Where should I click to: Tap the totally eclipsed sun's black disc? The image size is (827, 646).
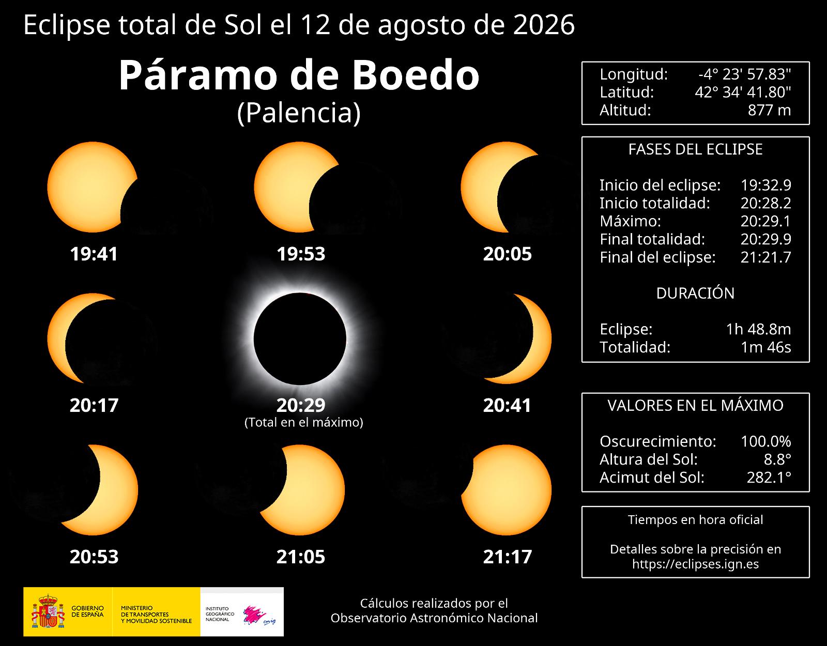300,339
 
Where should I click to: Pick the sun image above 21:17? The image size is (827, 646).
506,490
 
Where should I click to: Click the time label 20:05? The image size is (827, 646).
507,254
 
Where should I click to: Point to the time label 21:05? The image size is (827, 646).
301,557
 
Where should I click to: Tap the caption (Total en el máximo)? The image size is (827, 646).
304,422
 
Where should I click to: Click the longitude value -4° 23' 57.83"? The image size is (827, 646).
744,74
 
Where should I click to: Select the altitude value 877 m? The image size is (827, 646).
769,110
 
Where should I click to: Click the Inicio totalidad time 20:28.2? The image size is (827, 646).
765,203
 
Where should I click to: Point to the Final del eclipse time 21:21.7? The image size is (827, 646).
765,257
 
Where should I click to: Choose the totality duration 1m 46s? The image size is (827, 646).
765,347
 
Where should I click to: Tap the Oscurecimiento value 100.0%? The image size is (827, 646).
765,441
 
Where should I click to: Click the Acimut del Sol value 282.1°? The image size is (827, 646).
769,477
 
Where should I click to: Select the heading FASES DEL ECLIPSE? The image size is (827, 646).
695,149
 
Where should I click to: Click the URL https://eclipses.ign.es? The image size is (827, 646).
695,564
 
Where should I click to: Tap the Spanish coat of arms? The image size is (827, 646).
48,611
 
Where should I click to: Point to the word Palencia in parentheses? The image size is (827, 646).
299,113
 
